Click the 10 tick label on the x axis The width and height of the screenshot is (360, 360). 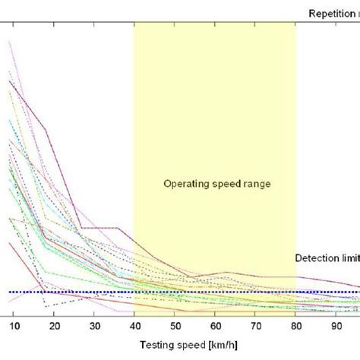(14, 325)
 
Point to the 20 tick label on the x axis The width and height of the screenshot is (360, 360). (54, 325)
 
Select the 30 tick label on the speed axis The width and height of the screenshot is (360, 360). (94, 325)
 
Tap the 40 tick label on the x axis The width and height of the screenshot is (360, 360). (134, 325)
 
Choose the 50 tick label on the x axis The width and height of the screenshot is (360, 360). (175, 325)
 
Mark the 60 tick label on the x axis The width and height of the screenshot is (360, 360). (215, 325)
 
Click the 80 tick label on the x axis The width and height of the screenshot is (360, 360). (295, 325)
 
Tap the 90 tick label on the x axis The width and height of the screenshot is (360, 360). (336, 325)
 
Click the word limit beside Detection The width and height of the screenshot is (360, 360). (349, 258)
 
